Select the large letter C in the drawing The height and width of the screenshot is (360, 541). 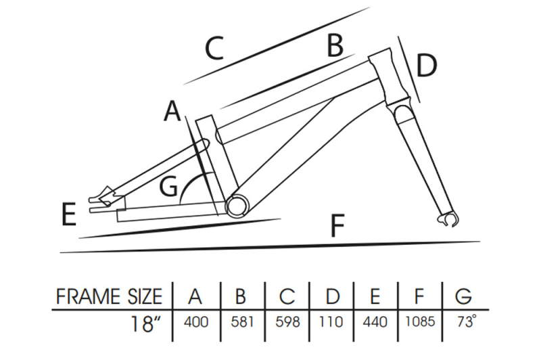[214, 49]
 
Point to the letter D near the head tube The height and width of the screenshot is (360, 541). [426, 66]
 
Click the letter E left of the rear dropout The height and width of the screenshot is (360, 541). [68, 214]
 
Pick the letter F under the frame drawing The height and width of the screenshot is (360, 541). [340, 225]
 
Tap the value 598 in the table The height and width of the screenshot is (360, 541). [287, 321]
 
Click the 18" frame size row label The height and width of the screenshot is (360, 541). [147, 321]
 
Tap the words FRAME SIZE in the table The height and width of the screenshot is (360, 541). [109, 297]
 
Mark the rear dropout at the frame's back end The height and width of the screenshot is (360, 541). [101, 198]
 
